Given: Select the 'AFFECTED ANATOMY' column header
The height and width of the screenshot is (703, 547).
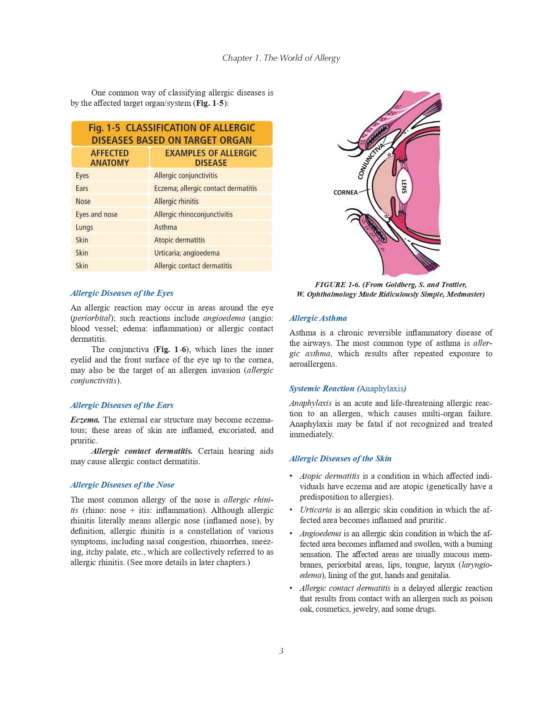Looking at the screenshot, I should click(x=110, y=158).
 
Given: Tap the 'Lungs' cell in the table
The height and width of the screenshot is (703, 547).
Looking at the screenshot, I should click(x=84, y=227).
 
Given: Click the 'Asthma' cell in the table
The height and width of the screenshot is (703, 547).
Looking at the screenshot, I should click(x=166, y=227).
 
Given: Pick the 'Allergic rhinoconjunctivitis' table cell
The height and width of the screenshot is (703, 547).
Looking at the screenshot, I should click(x=193, y=214).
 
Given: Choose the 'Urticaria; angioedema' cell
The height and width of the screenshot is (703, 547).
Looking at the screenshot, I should click(x=187, y=253).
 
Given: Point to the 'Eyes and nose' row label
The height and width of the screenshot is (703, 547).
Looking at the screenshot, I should click(x=97, y=214).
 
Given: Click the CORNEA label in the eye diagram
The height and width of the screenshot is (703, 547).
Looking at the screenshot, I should click(x=345, y=193).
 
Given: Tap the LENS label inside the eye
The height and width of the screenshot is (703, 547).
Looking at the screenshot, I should click(x=404, y=186).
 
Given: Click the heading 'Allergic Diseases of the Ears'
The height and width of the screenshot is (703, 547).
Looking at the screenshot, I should click(x=122, y=405).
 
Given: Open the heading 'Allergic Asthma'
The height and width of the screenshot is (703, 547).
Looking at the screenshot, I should click(x=318, y=318).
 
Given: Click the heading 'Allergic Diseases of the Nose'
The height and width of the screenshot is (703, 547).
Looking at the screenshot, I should click(x=122, y=485).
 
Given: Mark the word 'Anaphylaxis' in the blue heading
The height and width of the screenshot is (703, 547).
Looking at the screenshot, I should click(x=381, y=388).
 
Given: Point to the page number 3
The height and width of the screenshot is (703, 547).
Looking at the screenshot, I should click(x=281, y=651).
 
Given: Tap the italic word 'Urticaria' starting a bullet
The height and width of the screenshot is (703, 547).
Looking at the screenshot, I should click(x=316, y=510).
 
